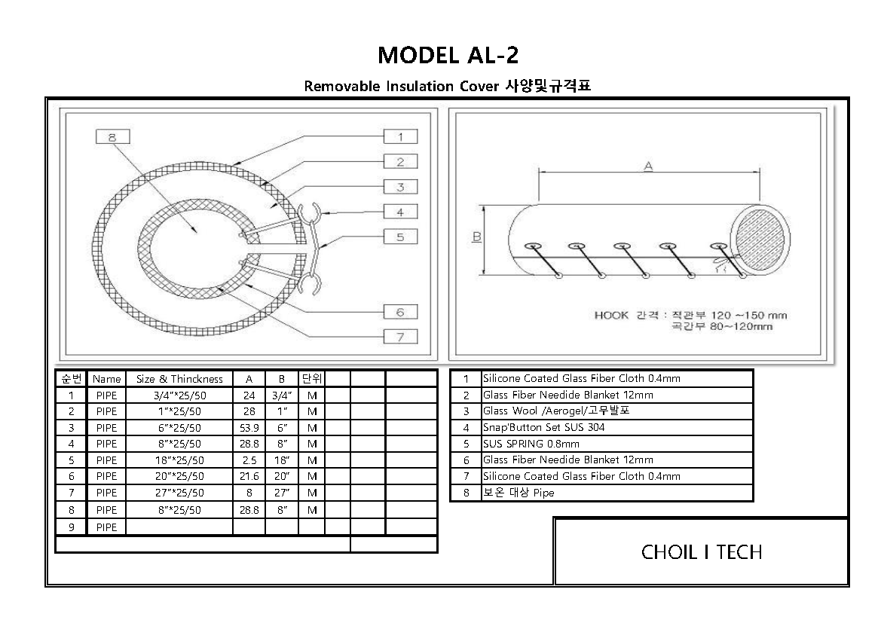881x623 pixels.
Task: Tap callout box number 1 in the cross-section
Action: (400, 136)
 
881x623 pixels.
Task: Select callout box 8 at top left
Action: (112, 137)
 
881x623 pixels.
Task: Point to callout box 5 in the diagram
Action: (400, 237)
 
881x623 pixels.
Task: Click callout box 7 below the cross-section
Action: (400, 337)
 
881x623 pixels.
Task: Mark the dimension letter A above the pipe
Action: (647, 166)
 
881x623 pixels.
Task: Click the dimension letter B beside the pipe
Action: (477, 238)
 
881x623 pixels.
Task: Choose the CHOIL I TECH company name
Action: (702, 552)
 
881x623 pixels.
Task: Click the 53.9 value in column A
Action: (249, 428)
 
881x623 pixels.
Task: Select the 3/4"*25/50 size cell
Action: (179, 395)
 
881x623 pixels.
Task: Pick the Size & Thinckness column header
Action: (179, 379)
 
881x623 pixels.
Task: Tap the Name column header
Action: (107, 379)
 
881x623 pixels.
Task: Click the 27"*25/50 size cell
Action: (179, 493)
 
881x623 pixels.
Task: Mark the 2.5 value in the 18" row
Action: (249, 460)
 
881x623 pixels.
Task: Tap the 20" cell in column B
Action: (281, 477)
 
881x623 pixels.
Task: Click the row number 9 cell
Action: (71, 527)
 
